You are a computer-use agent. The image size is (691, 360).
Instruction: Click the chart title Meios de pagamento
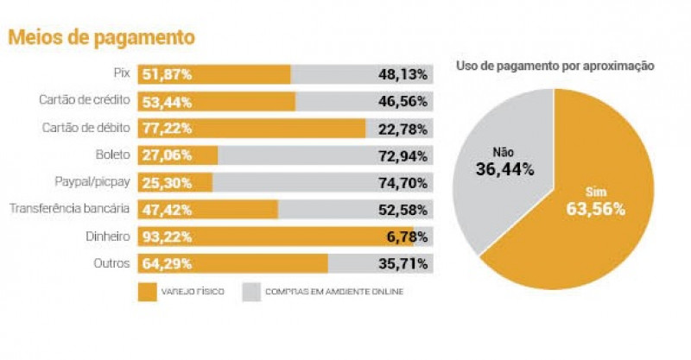click(x=101, y=38)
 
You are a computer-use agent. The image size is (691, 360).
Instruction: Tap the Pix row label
click(x=121, y=74)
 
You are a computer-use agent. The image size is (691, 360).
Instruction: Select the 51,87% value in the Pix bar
click(x=168, y=74)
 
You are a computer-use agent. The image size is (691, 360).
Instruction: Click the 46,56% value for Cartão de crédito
click(x=403, y=101)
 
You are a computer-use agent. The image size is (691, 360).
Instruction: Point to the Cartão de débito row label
click(x=86, y=128)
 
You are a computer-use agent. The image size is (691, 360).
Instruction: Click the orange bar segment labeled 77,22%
click(x=250, y=129)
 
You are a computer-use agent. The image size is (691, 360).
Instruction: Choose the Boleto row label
click(x=113, y=155)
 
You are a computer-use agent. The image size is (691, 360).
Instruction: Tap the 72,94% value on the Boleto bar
click(x=403, y=155)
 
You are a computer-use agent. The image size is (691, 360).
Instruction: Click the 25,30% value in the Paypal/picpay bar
click(x=168, y=182)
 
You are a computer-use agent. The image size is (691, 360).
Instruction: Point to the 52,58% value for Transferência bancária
click(x=403, y=209)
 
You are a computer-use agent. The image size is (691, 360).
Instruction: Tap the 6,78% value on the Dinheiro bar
click(x=407, y=236)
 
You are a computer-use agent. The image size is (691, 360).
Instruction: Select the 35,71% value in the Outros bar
click(x=403, y=262)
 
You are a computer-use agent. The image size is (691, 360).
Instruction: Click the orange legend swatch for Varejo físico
click(x=145, y=291)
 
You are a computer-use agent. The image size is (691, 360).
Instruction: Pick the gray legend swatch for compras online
click(x=252, y=291)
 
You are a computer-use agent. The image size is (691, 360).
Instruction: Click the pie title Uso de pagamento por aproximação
click(x=554, y=66)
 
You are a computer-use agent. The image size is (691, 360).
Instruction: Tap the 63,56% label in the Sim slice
click(x=596, y=209)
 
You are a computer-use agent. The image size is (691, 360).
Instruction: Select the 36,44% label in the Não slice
click(x=504, y=168)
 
